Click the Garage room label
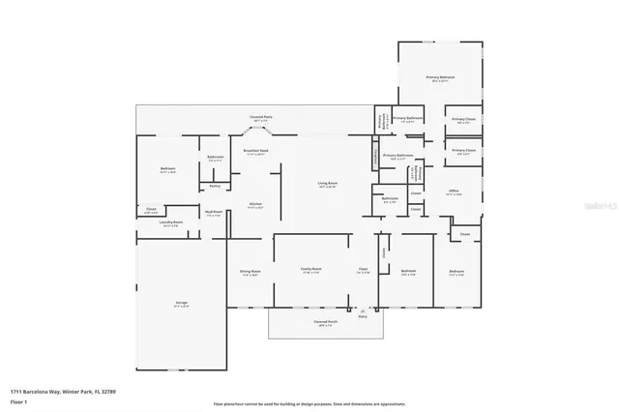pyautogui.click(x=181, y=304)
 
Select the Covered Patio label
pyautogui.click(x=260, y=116)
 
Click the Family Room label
pyautogui.click(x=309, y=270)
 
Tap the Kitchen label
pyautogui.click(x=255, y=204)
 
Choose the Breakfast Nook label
pyautogui.click(x=255, y=151)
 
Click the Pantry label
pyautogui.click(x=215, y=185)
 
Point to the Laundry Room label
pyautogui.click(x=171, y=222)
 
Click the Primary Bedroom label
pyautogui.click(x=440, y=76)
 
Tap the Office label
pyautogui.click(x=453, y=191)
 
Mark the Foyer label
pyautogui.click(x=363, y=270)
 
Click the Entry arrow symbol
pyautogui.click(x=363, y=310)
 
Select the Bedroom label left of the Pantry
pyautogui.click(x=167, y=169)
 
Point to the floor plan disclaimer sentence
pyautogui.click(x=309, y=402)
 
